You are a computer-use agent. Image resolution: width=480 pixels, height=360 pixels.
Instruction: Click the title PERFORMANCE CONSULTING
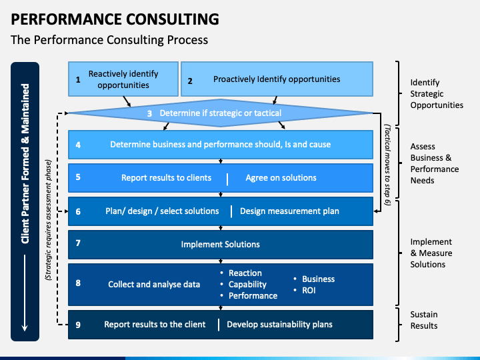click(115, 19)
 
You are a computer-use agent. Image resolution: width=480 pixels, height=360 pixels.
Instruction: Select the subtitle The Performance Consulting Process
click(109, 40)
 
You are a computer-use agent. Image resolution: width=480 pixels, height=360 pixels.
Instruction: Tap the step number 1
click(78, 79)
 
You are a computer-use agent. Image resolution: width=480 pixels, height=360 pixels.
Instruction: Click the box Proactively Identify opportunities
click(277, 79)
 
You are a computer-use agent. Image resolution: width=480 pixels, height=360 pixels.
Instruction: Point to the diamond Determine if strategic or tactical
click(221, 113)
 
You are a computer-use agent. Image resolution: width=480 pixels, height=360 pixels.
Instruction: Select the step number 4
click(78, 145)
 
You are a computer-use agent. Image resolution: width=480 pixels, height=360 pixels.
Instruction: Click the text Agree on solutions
click(281, 178)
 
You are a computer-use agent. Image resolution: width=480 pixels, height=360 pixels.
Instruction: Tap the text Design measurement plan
click(289, 211)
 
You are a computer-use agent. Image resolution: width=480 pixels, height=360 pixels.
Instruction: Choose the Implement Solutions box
click(221, 245)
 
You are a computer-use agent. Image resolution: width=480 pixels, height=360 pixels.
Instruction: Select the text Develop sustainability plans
click(279, 325)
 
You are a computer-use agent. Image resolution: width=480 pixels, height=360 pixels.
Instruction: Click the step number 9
click(78, 325)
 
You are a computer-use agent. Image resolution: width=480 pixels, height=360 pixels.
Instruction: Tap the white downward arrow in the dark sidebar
click(25, 293)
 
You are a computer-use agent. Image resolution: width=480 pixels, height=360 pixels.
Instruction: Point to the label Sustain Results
click(424, 320)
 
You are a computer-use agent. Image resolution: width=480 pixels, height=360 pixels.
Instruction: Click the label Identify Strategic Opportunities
click(437, 94)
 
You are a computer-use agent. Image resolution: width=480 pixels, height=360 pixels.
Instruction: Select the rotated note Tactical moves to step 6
click(387, 165)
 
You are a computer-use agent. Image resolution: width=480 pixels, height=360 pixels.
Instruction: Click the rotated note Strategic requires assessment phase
click(49, 220)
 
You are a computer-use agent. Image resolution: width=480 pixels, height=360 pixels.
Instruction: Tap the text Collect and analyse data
click(154, 285)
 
